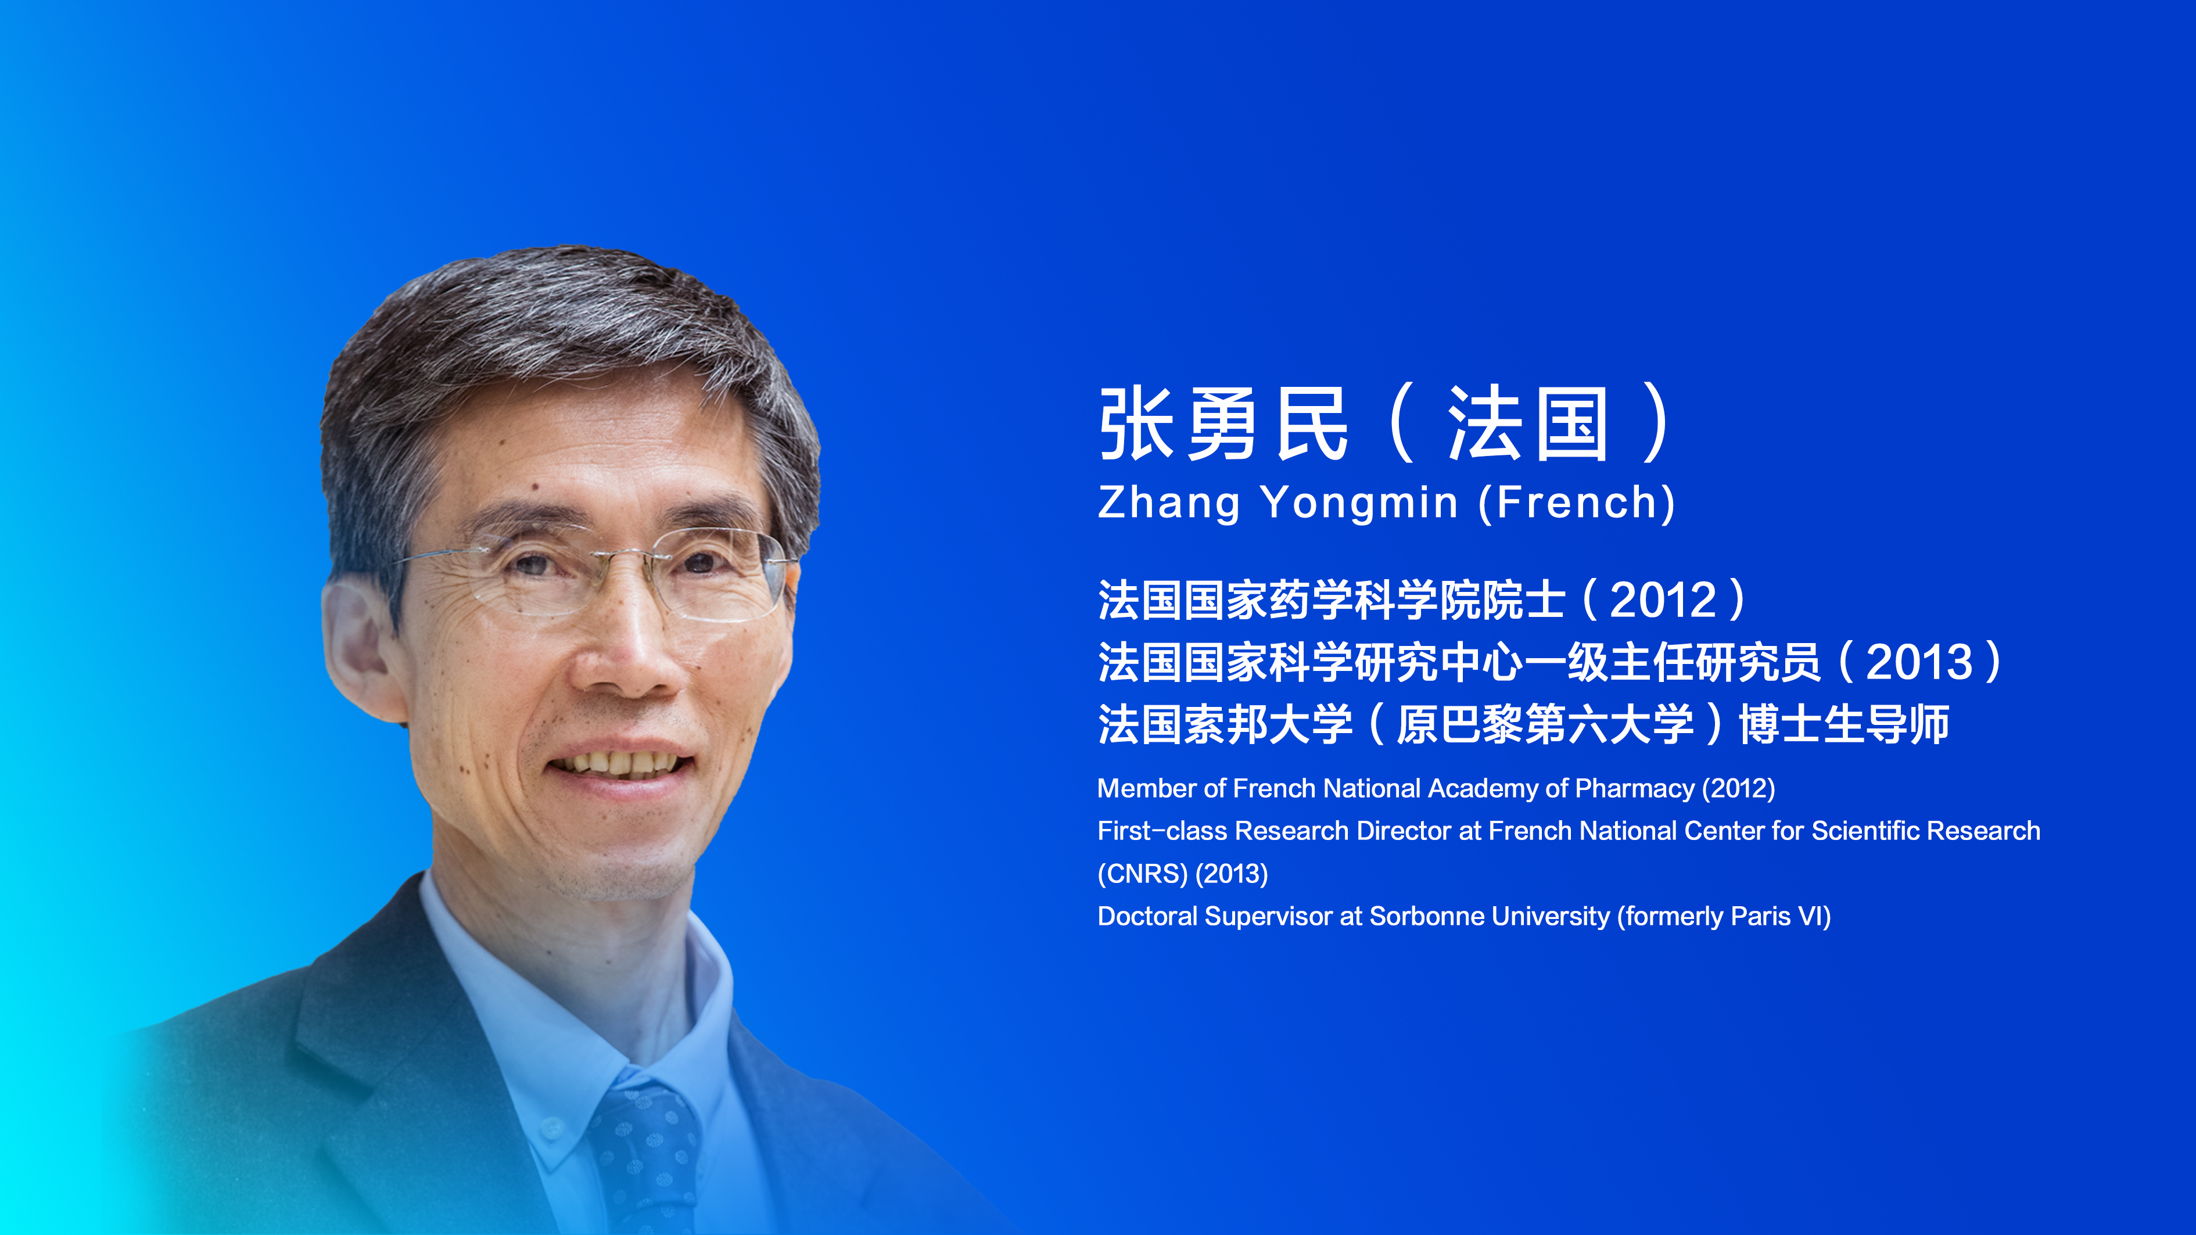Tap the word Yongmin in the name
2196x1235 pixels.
point(1359,504)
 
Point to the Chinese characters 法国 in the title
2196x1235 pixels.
point(1528,423)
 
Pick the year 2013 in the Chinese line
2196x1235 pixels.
point(1920,662)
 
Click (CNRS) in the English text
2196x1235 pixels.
point(1142,874)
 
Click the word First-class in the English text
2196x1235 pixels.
point(1163,831)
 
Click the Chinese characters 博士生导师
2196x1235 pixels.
point(1844,724)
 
